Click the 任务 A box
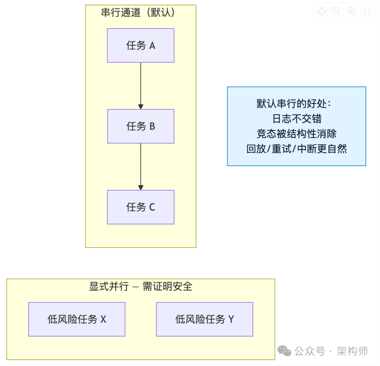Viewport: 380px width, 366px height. click(x=141, y=46)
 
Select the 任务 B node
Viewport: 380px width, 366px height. click(x=141, y=126)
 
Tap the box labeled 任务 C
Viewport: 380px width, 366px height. click(x=141, y=207)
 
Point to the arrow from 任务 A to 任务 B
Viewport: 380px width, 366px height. click(x=141, y=86)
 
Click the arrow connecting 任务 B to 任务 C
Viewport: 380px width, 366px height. click(x=141, y=167)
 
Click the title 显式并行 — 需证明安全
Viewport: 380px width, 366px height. click(x=141, y=287)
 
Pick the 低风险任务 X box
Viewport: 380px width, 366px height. click(x=77, y=319)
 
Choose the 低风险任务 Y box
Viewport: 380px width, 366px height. click(x=204, y=319)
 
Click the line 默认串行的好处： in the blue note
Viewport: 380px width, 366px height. click(x=297, y=104)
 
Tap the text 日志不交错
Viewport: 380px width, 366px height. click(x=297, y=119)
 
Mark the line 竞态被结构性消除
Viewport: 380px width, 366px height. click(x=297, y=134)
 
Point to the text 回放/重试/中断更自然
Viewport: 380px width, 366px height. click(x=297, y=149)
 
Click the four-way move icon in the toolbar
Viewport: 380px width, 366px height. click(x=322, y=11)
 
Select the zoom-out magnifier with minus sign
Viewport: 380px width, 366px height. click(x=336, y=11)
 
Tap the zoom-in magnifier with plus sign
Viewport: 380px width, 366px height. click(x=351, y=11)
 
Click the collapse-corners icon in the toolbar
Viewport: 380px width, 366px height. click(x=367, y=11)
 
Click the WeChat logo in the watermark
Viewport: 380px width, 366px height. click(x=284, y=351)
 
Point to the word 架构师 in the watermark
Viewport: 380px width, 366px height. click(x=352, y=351)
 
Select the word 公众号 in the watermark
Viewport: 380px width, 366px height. click(x=310, y=351)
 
